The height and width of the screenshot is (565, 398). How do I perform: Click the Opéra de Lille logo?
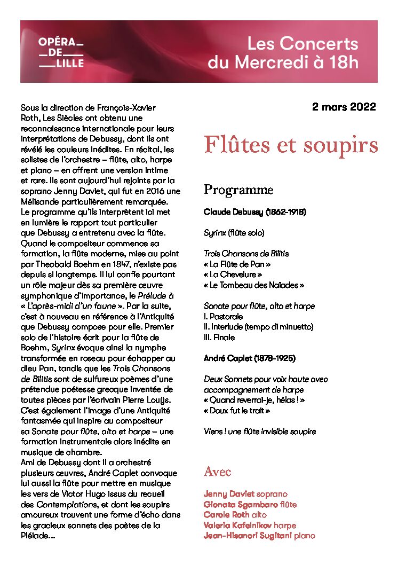click(x=61, y=52)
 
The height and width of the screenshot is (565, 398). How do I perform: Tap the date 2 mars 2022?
click(x=344, y=107)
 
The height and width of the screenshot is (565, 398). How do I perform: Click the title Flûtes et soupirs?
click(x=291, y=144)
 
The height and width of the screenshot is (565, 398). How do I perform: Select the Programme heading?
click(x=238, y=190)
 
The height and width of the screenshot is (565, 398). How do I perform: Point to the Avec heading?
click(x=217, y=472)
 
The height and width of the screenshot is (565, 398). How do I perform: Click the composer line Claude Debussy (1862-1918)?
click(x=254, y=212)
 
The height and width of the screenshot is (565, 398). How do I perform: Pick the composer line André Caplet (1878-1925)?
click(x=250, y=358)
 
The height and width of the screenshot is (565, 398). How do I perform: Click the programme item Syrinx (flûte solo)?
click(x=234, y=233)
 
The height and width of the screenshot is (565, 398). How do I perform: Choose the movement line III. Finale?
click(x=219, y=338)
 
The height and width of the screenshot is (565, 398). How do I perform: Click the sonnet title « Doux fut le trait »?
click(x=237, y=411)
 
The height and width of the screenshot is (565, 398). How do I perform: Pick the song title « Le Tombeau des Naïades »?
click(x=254, y=285)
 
